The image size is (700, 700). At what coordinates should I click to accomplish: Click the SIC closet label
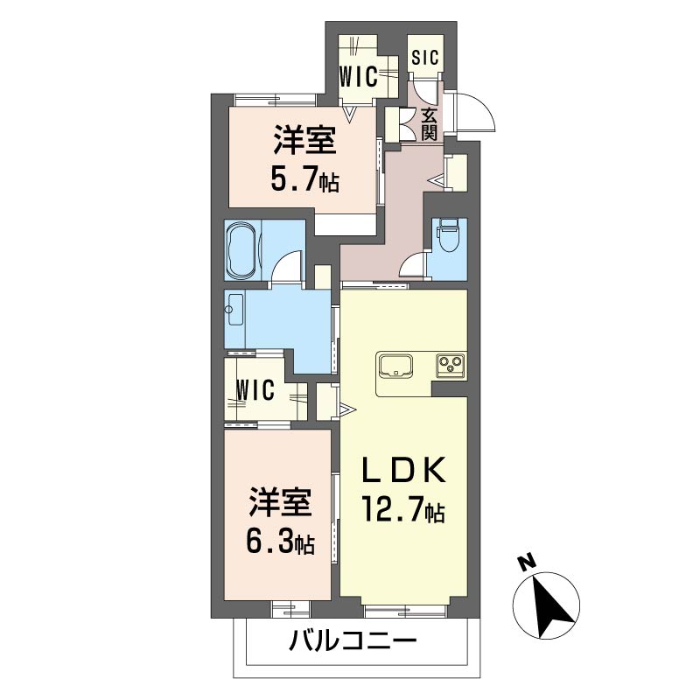click(425, 58)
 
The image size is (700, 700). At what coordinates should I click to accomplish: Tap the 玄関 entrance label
click(429, 124)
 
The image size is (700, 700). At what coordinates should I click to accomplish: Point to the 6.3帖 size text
click(281, 542)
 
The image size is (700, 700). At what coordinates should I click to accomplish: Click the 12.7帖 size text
click(404, 509)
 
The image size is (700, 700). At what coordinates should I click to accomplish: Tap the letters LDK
click(404, 470)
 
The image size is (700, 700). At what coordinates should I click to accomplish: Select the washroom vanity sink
click(234, 310)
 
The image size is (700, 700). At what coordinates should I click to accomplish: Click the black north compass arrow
click(552, 606)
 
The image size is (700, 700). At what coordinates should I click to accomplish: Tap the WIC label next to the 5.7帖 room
click(359, 76)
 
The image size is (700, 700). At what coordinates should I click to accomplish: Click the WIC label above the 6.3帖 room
click(255, 390)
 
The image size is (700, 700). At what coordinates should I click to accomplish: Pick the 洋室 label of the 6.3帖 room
click(280, 503)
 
